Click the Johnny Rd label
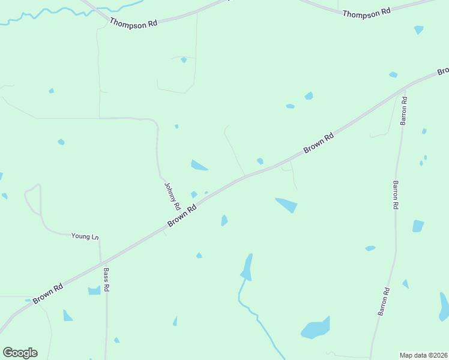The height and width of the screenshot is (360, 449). pyautogui.click(x=172, y=196)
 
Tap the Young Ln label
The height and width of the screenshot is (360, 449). pyautogui.click(x=85, y=236)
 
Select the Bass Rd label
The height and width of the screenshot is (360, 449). pyautogui.click(x=106, y=280)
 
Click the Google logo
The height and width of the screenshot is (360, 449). pyautogui.click(x=20, y=353)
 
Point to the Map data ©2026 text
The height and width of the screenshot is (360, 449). pyautogui.click(x=424, y=355)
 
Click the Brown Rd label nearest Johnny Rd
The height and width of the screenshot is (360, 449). pyautogui.click(x=182, y=217)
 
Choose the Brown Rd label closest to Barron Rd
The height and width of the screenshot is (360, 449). pyautogui.click(x=319, y=143)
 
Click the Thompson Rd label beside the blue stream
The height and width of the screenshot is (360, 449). pyautogui.click(x=133, y=22)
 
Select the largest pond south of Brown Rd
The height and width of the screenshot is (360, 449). pyautogui.click(x=316, y=328)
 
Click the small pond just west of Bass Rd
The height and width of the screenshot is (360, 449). pyautogui.click(x=94, y=290)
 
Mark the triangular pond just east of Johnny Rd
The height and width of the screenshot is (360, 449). pyautogui.click(x=199, y=165)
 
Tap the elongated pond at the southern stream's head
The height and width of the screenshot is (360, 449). pyautogui.click(x=247, y=267)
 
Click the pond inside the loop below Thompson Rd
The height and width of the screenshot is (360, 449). pyautogui.click(x=184, y=60)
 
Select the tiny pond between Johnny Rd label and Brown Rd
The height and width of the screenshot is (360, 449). pyautogui.click(x=194, y=194)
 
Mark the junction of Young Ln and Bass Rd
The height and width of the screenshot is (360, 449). pyautogui.click(x=100, y=239)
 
